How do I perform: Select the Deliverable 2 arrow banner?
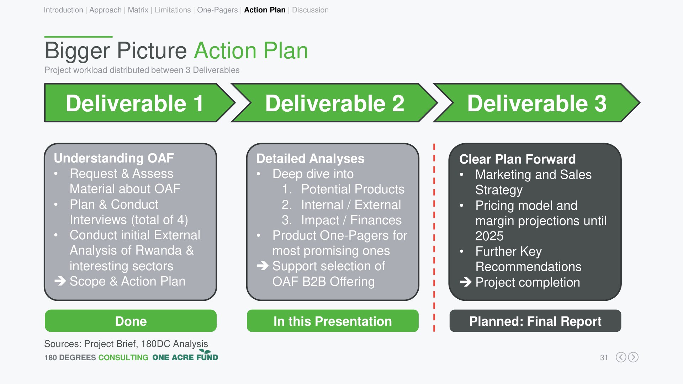pos(334,103)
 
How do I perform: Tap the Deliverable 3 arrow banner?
pos(537,103)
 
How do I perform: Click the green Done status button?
pos(131,321)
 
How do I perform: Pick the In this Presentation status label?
pos(333,321)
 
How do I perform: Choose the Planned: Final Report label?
pos(535,321)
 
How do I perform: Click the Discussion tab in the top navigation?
pos(310,10)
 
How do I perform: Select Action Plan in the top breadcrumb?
pos(265,10)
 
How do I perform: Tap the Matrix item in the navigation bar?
pos(138,10)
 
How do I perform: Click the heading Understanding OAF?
pos(114,158)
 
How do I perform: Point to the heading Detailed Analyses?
pos(310,159)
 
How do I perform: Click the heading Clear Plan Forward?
pos(518,159)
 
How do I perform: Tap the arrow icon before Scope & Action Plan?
pos(60,281)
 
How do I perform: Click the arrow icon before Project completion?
pos(466,282)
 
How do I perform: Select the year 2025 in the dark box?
pos(489,236)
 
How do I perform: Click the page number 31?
pos(604,358)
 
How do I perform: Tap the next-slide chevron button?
pos(633,357)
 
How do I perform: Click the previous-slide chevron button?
pos(621,357)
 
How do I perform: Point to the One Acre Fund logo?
pos(185,356)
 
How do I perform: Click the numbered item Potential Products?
pos(353,189)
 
